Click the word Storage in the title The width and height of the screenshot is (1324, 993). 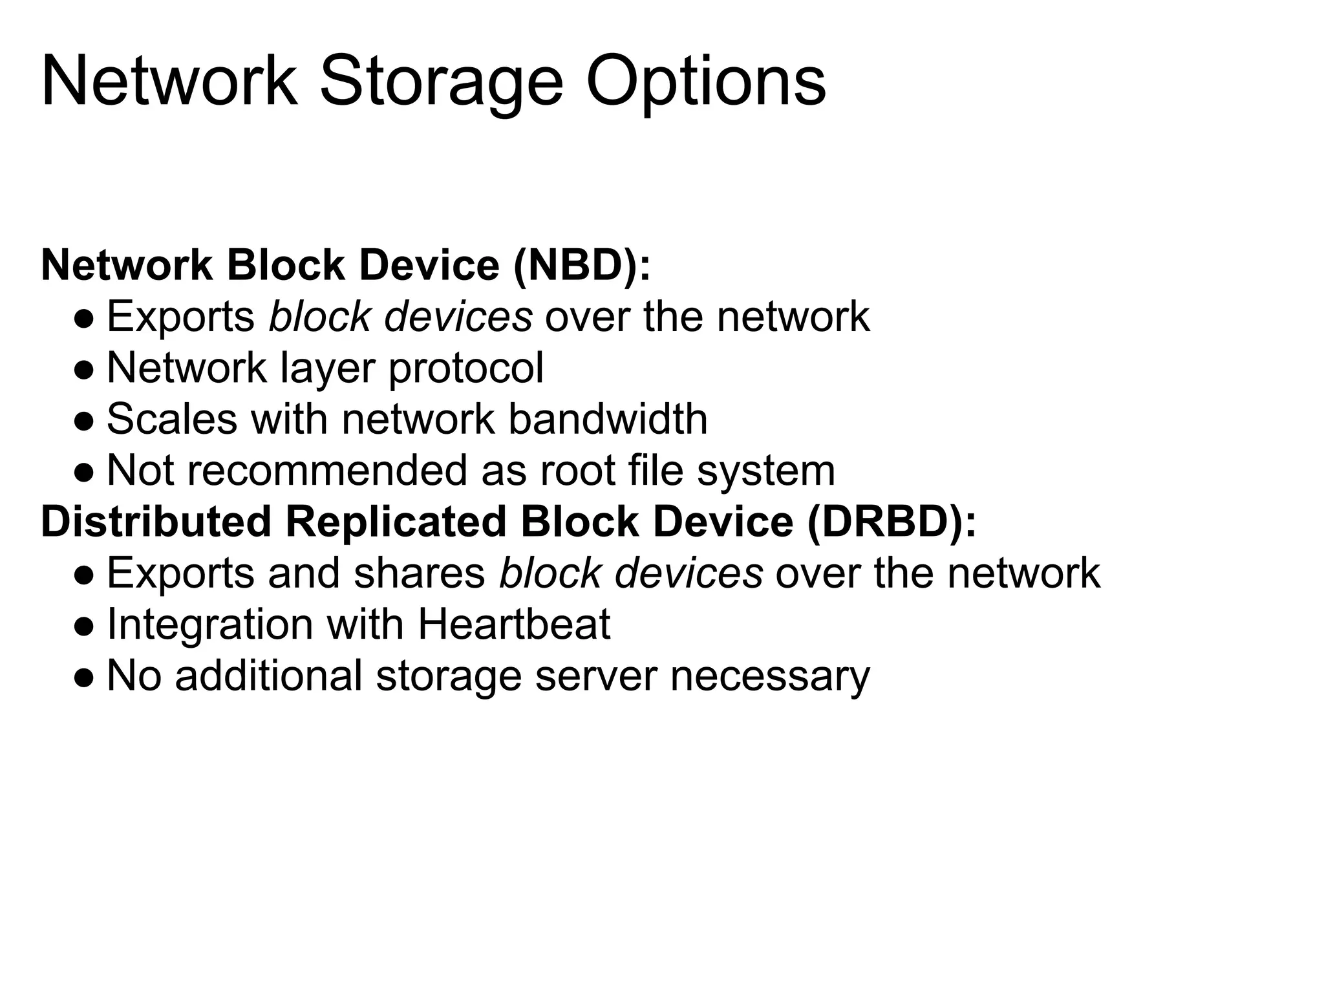pos(441,83)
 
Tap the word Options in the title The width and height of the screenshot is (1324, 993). pos(705,83)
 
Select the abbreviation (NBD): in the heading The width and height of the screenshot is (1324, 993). pos(582,265)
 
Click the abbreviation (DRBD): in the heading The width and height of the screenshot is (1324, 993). pos(892,522)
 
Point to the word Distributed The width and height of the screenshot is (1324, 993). pos(156,522)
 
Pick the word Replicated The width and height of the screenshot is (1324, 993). pos(396,522)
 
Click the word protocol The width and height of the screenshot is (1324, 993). pos(465,368)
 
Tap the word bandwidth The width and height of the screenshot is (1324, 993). pos(608,419)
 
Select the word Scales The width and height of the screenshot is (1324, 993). pos(172,419)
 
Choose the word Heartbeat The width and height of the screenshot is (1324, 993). pos(514,625)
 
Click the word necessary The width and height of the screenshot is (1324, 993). pos(770,676)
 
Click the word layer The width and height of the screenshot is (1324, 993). pos(327,368)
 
